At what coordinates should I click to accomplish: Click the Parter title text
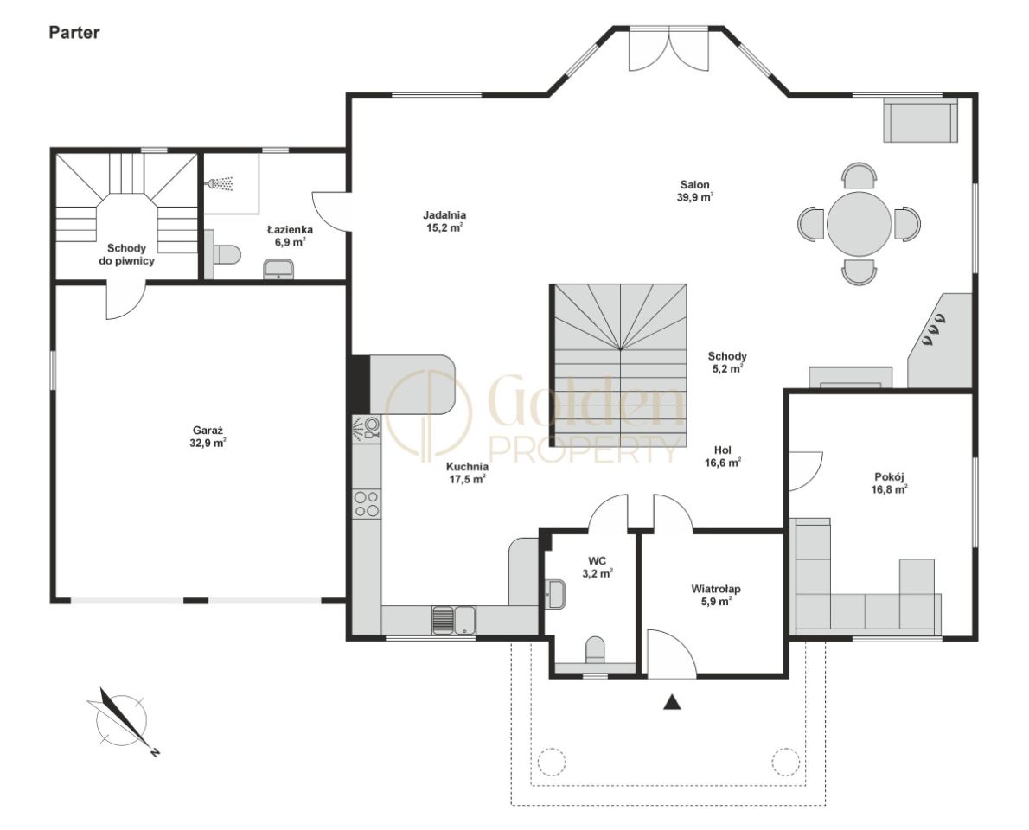pos(74,33)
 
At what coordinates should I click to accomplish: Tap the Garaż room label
pos(209,437)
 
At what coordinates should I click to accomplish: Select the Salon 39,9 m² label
pos(695,191)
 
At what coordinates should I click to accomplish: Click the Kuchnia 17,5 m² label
pos(467,472)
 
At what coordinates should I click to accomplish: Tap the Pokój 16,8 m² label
pos(889,483)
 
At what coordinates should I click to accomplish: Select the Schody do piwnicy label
pos(131,254)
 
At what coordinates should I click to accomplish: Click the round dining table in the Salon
pos(859,224)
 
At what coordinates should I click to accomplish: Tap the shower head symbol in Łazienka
pos(220,183)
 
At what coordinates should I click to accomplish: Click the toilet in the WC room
pos(595,649)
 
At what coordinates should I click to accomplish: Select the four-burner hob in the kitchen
pos(366,503)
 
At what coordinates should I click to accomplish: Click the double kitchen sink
pos(454,621)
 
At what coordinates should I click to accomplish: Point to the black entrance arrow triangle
pos(672,701)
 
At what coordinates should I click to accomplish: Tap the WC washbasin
pos(555,594)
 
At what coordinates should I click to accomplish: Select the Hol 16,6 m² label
pos(723,456)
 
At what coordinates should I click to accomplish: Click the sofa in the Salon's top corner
pos(920,119)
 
